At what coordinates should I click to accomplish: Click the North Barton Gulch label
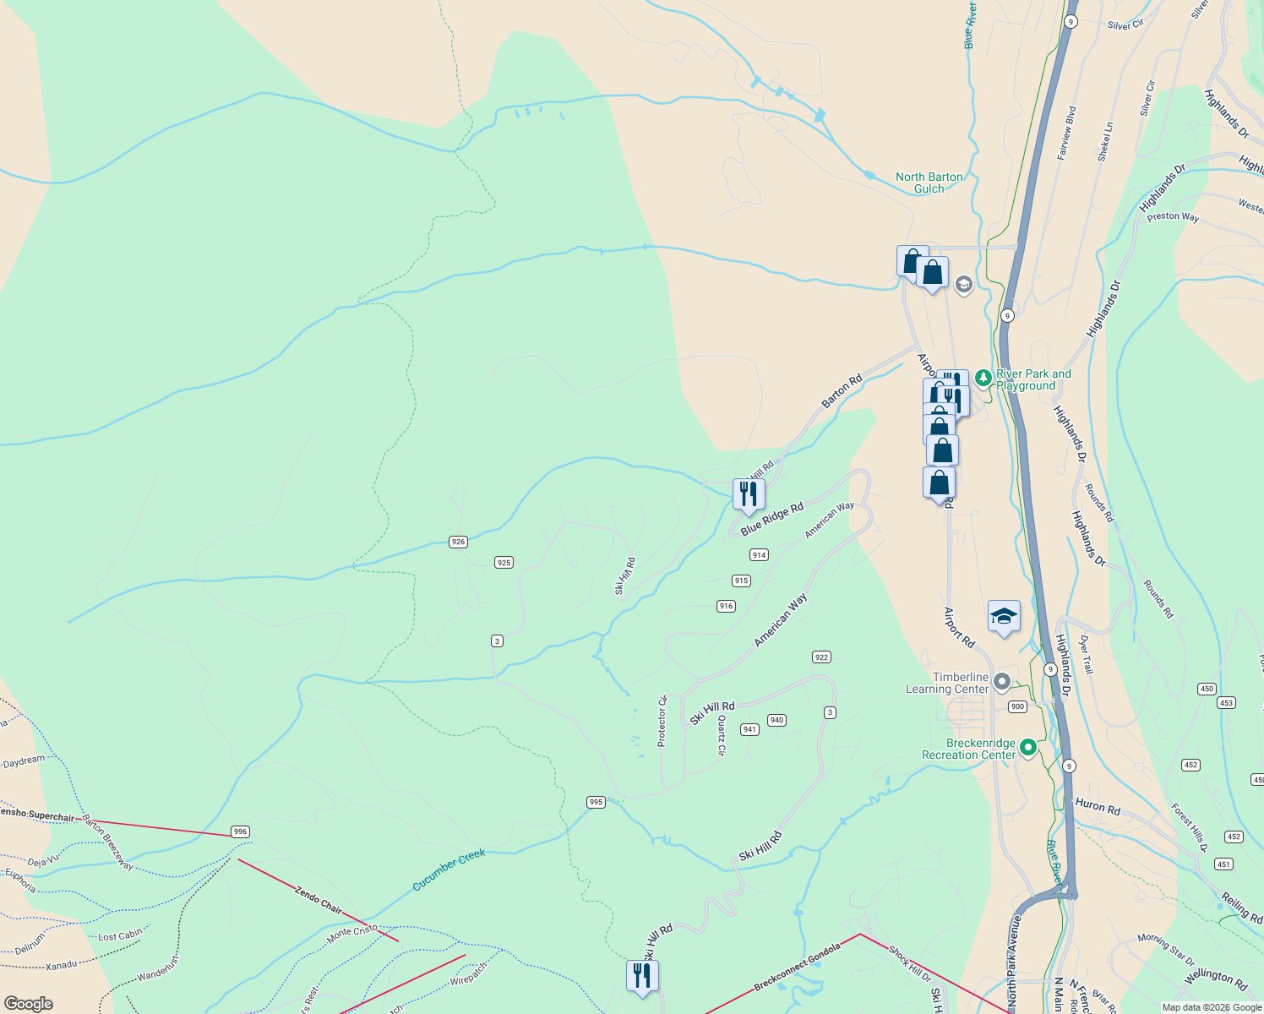coord(929,183)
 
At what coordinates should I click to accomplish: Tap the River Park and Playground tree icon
coord(983,378)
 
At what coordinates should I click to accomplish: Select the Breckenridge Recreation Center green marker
coord(1028,747)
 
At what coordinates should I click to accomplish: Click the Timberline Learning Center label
coord(947,683)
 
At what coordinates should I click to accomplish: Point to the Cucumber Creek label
coord(449,870)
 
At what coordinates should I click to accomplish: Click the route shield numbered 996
coord(241,831)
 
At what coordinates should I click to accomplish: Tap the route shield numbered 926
coord(458,542)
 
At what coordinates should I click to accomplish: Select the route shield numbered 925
coord(504,562)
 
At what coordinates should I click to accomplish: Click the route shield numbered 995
coord(596,802)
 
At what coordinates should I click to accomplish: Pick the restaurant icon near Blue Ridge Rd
coord(748,493)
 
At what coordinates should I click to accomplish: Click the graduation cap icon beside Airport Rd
coord(1004,617)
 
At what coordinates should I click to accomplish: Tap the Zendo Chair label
coord(319,898)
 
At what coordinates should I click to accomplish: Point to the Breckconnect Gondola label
coord(797,968)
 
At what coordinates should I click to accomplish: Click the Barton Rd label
coord(842,391)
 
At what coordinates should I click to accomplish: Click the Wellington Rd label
coord(1215,979)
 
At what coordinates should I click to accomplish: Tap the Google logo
coord(29,1004)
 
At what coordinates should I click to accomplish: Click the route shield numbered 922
coord(821,657)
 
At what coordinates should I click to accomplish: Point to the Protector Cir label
coord(662,721)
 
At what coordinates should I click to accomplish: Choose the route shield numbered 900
coord(1017,706)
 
